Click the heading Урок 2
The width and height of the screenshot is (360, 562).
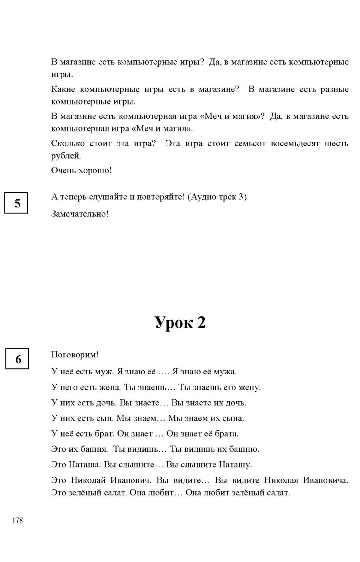point(180,322)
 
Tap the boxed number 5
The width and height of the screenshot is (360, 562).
point(16,203)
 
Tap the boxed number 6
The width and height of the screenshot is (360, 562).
point(17,359)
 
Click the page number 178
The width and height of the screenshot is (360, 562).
point(17,520)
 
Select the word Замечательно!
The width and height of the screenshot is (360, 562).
point(80,214)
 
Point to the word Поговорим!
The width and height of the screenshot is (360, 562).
point(75,354)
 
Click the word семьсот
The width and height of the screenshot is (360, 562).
point(250,143)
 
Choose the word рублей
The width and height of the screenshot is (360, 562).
point(66,156)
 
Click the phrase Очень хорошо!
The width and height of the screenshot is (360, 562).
point(81,170)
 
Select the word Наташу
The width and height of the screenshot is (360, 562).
point(235,465)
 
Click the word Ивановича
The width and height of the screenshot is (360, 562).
point(325,480)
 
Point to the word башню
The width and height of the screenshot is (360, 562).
point(244,449)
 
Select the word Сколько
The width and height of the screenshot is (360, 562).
point(68,143)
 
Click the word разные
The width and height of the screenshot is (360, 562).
point(334,89)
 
